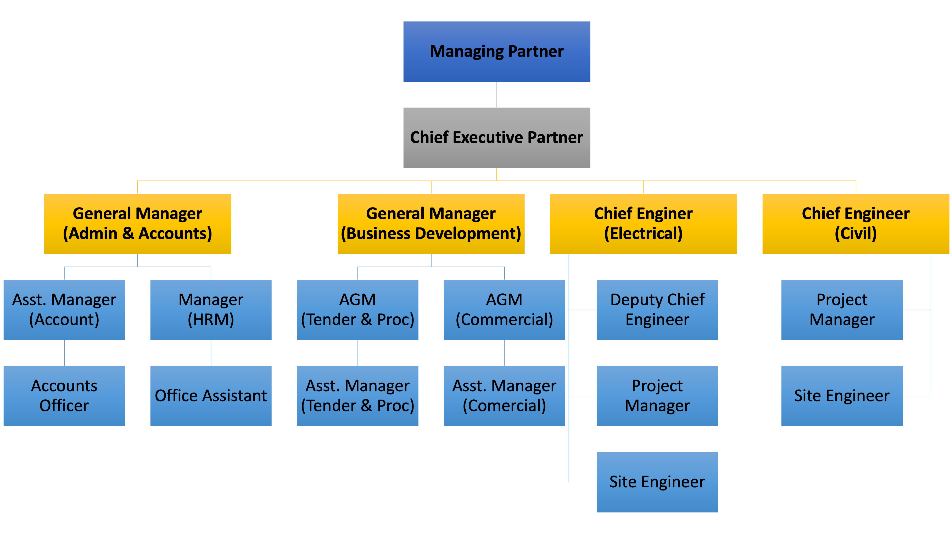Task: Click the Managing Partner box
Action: (x=497, y=52)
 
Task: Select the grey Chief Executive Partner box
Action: (x=497, y=138)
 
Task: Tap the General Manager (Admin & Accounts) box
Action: (x=138, y=224)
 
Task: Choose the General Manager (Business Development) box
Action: (x=431, y=224)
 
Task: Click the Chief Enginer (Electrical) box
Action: (x=644, y=224)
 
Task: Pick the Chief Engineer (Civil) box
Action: (x=856, y=224)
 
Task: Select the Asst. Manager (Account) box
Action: (x=64, y=310)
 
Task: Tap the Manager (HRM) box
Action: (x=211, y=310)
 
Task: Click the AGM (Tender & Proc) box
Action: (x=358, y=310)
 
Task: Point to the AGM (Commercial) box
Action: (x=505, y=310)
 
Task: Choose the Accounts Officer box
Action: (x=64, y=396)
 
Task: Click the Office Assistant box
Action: (x=211, y=396)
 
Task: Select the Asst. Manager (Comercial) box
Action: (x=505, y=396)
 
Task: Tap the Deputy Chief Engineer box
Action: (x=658, y=310)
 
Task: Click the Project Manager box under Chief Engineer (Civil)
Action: (x=842, y=310)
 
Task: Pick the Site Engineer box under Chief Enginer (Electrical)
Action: (x=658, y=482)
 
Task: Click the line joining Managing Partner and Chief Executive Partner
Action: (x=497, y=95)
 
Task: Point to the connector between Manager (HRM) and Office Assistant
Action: (x=211, y=353)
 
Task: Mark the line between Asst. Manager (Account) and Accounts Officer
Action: (x=65, y=353)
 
